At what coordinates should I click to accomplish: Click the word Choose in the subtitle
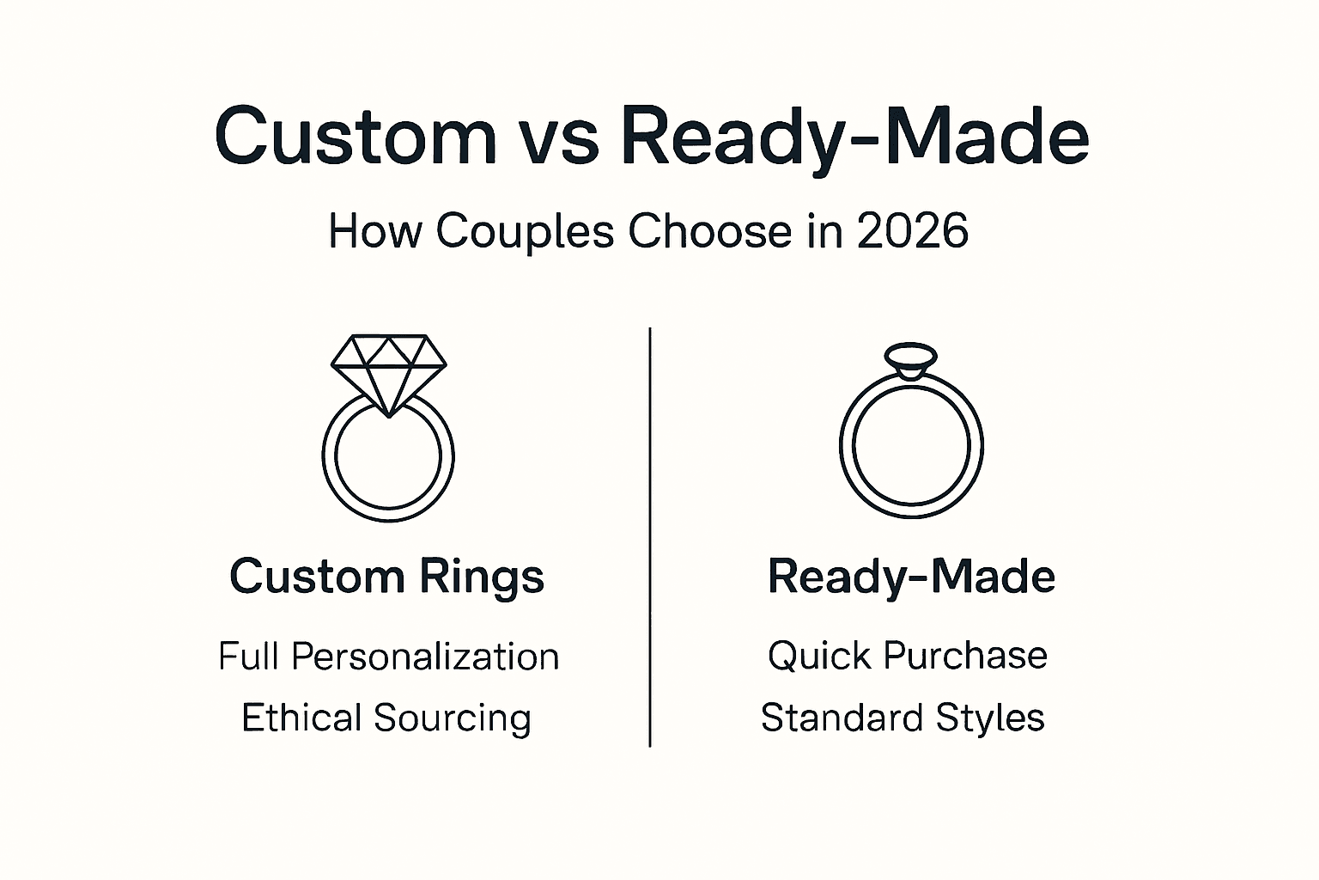coord(709,231)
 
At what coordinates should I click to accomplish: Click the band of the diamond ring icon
coord(388,512)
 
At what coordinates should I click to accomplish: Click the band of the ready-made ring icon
coord(911,509)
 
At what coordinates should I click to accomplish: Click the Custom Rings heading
coord(387,577)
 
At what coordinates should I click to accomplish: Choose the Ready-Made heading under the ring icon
coord(911,577)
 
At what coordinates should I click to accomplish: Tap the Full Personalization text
coord(388,657)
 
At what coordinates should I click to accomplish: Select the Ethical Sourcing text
coord(386,718)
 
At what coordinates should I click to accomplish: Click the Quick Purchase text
coord(908,656)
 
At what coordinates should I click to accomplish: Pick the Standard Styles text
coord(903,718)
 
